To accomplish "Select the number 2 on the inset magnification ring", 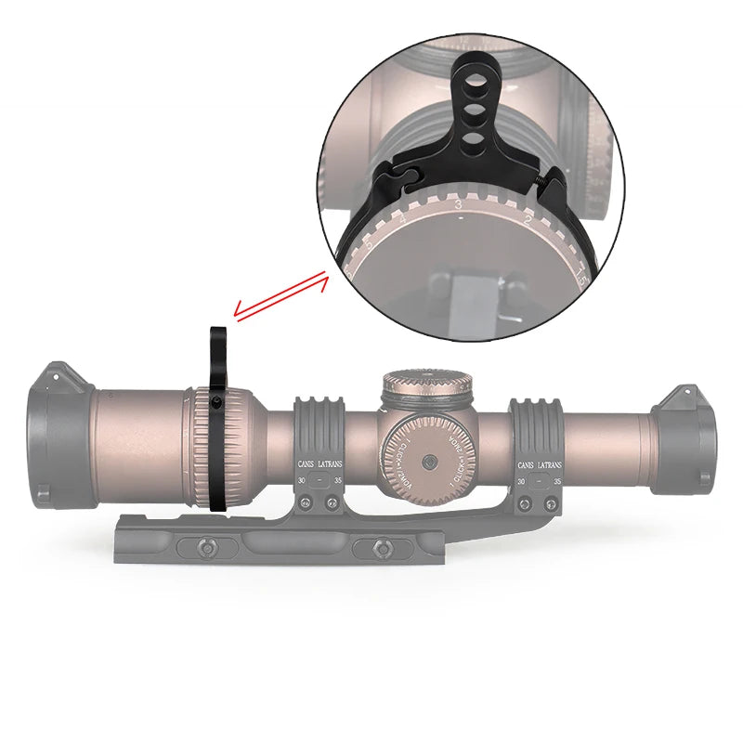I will (x=528, y=221).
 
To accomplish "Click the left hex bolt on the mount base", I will (x=197, y=548).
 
